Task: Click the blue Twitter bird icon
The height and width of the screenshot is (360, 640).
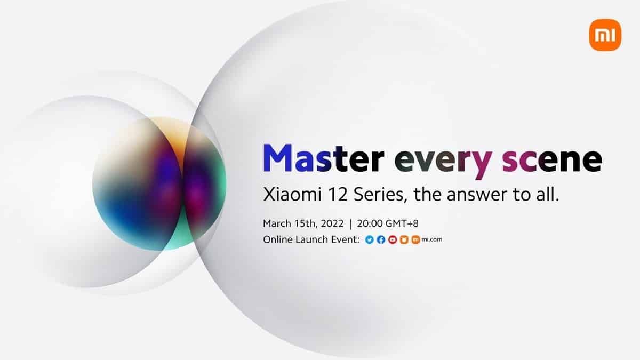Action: [x=369, y=240]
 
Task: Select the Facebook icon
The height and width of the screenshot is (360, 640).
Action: [x=381, y=240]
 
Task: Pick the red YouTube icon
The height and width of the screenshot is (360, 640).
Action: [x=393, y=240]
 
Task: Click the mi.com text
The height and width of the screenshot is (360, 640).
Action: [x=431, y=240]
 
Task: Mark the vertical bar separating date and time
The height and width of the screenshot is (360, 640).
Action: [x=350, y=223]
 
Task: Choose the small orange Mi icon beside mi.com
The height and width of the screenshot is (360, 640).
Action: [x=415, y=240]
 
